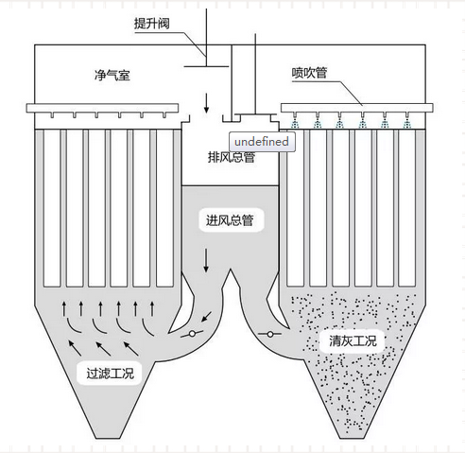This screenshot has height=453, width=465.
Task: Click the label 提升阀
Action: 152,24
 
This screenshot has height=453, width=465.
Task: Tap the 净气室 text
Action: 112,76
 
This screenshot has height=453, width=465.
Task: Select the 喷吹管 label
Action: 309,73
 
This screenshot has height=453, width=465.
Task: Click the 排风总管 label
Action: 232,157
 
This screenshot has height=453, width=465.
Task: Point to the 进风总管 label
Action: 230,220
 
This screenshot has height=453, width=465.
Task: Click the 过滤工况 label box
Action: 111,374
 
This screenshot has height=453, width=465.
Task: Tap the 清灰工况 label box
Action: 353,340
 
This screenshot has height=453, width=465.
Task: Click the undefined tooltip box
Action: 262,142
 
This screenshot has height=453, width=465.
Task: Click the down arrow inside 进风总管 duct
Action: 206,260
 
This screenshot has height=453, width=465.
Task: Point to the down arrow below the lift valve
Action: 206,103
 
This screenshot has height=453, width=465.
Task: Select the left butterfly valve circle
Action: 192,334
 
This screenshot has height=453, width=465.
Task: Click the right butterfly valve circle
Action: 270,334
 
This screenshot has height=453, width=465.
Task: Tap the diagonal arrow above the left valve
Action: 207,317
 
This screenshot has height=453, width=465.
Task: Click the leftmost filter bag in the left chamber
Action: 52,208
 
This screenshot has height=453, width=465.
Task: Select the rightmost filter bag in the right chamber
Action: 406,208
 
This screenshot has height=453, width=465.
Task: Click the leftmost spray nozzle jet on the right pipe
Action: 295,123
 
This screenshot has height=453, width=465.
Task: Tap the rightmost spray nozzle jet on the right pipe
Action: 407,123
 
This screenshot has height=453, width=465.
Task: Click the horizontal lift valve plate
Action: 206,66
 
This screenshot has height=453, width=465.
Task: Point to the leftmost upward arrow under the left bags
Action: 64,308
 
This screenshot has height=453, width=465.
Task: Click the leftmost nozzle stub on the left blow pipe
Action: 52,115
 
